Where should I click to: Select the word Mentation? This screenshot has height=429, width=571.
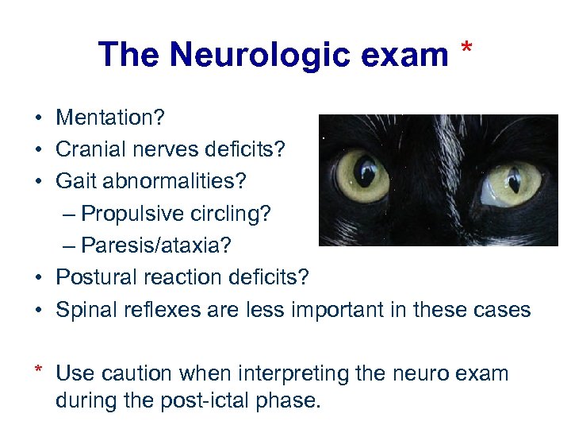pyautogui.click(x=110, y=118)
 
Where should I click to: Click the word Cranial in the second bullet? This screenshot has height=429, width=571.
pyautogui.click(x=86, y=150)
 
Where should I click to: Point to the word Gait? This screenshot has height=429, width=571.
pyautogui.click(x=74, y=182)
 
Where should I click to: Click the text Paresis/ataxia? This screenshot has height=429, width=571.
pyautogui.click(x=157, y=245)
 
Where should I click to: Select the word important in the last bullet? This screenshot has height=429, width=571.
pyautogui.click(x=335, y=309)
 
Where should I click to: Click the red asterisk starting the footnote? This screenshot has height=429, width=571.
pyautogui.click(x=37, y=370)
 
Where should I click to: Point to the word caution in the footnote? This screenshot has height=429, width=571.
pyautogui.click(x=142, y=373)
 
